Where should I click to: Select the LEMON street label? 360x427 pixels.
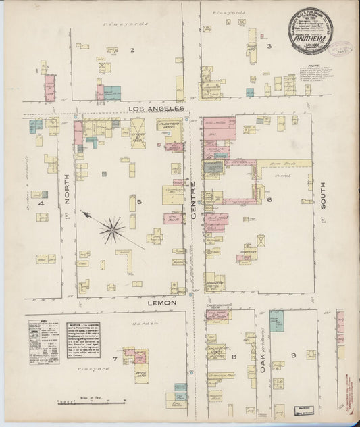(x=163, y=303)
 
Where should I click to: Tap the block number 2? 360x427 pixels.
(x=132, y=50)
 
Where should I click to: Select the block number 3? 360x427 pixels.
(x=268, y=46)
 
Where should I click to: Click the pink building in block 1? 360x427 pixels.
(x=49, y=88)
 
